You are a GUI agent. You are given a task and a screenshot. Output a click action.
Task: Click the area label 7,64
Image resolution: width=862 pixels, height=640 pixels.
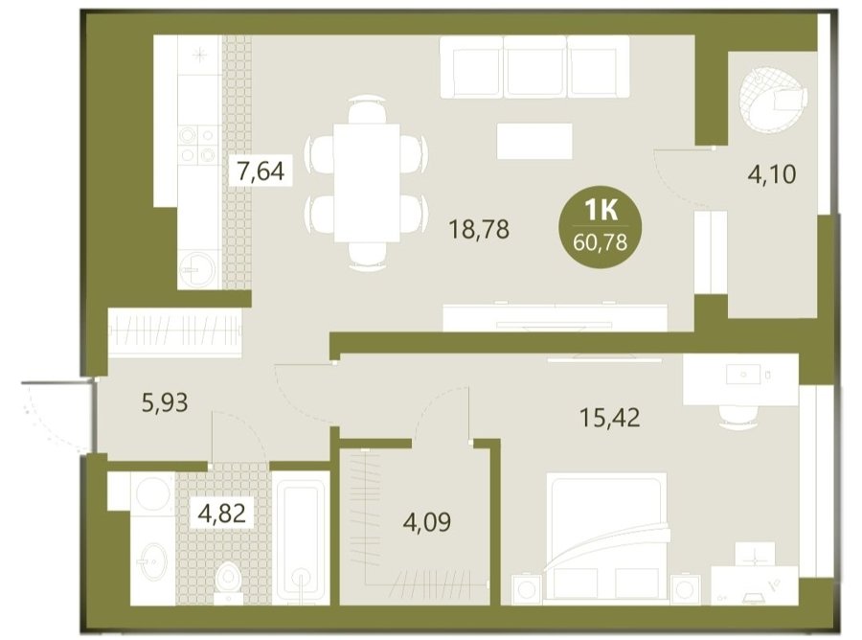(x=260, y=171)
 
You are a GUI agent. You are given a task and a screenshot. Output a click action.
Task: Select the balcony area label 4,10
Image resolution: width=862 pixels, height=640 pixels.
(x=772, y=174)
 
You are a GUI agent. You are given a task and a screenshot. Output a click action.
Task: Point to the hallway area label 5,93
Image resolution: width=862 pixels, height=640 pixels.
(x=165, y=402)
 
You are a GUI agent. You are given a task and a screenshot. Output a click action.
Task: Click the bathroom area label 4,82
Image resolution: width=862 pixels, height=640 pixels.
(x=222, y=514)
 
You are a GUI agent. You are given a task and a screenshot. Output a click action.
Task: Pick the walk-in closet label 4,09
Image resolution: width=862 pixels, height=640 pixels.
(x=427, y=521)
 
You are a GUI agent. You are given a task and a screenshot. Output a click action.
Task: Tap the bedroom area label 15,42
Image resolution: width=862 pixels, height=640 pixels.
(x=610, y=418)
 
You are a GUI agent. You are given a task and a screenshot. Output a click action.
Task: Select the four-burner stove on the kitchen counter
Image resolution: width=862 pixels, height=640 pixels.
(x=198, y=146)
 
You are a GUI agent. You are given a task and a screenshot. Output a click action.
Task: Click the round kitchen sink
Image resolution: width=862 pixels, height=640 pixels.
(x=196, y=269)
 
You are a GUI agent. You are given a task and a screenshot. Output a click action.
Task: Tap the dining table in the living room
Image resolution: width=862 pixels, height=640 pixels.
(x=367, y=183)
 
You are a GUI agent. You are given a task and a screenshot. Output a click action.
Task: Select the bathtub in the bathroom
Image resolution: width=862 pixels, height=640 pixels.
(x=301, y=537)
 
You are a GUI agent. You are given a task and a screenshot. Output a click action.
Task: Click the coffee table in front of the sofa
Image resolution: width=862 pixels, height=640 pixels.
(x=534, y=141)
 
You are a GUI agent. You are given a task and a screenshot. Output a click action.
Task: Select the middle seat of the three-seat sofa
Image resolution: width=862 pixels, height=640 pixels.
(x=534, y=68)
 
